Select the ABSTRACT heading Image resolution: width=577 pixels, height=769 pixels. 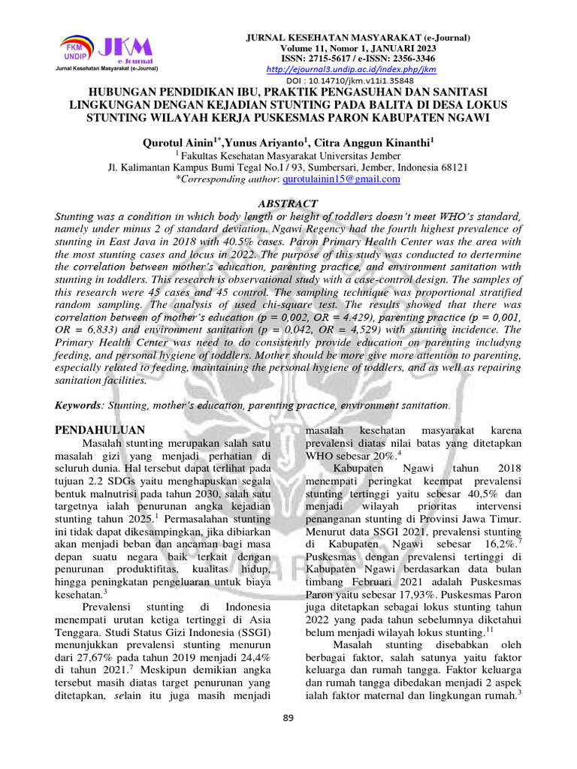coord(288,204)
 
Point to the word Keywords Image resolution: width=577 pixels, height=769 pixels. coord(78,405)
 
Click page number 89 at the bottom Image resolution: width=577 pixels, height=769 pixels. coord(288,718)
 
